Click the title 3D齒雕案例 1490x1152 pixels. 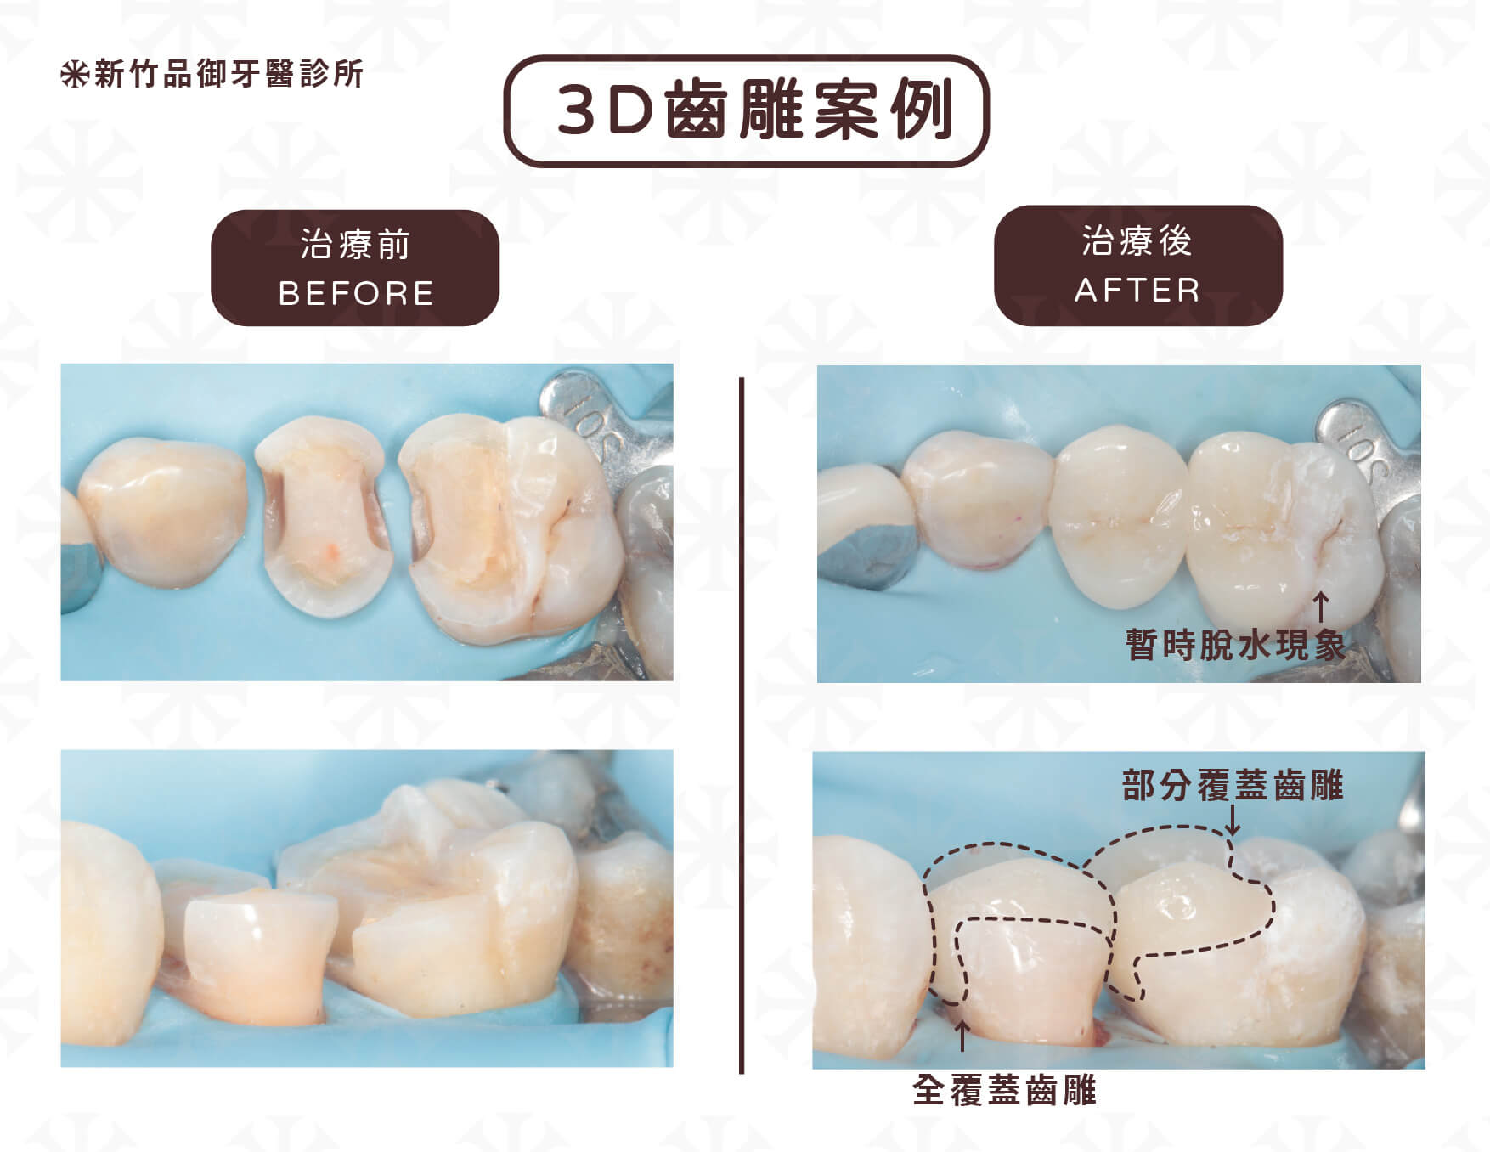click(x=754, y=111)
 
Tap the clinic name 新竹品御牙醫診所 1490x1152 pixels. click(x=229, y=74)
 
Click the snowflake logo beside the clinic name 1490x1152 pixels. click(x=75, y=75)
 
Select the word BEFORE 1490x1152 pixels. click(x=356, y=294)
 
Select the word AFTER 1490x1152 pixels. click(x=1137, y=291)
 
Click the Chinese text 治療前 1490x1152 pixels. click(x=355, y=245)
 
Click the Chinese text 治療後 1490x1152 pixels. click(x=1137, y=241)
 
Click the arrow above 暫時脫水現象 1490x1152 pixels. click(x=1321, y=608)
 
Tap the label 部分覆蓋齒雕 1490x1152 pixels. click(x=1233, y=785)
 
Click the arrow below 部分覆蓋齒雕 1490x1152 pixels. click(x=1233, y=820)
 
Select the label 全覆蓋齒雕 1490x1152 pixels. click(x=1005, y=1090)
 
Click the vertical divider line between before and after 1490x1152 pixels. click(x=742, y=726)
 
